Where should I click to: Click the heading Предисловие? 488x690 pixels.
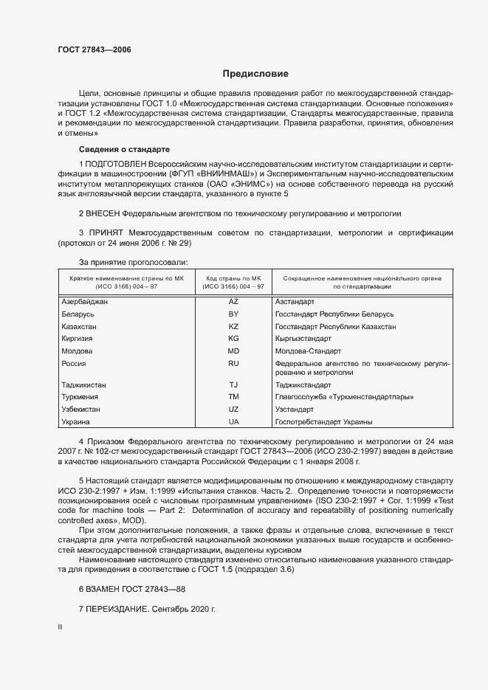pos(255,74)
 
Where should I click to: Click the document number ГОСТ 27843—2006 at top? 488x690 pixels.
pos(94,49)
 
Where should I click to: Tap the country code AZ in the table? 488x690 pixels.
pos(233,302)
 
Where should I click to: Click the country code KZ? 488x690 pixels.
pos(233,326)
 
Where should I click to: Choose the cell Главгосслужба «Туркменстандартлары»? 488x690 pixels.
pos(343,397)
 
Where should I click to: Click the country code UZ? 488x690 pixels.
pos(233,409)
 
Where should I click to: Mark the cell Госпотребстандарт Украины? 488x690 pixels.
pos(323,421)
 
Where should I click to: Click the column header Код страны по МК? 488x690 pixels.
pos(233,276)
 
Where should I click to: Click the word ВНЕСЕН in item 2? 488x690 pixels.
pos(104,213)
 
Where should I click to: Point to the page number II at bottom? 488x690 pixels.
pos(60,627)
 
